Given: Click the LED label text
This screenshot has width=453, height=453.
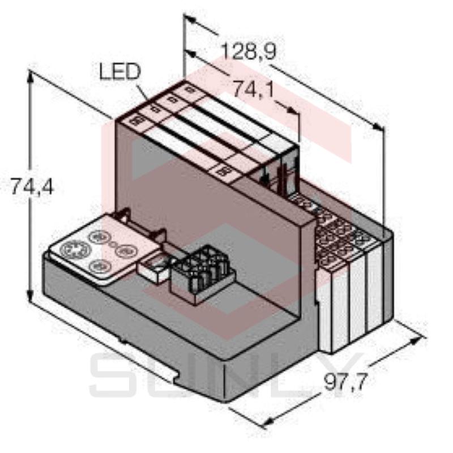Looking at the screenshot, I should tap(119, 72).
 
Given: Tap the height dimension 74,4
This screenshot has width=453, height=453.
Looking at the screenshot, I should tap(32, 186).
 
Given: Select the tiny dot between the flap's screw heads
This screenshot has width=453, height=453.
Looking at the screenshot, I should tap(113, 245).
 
